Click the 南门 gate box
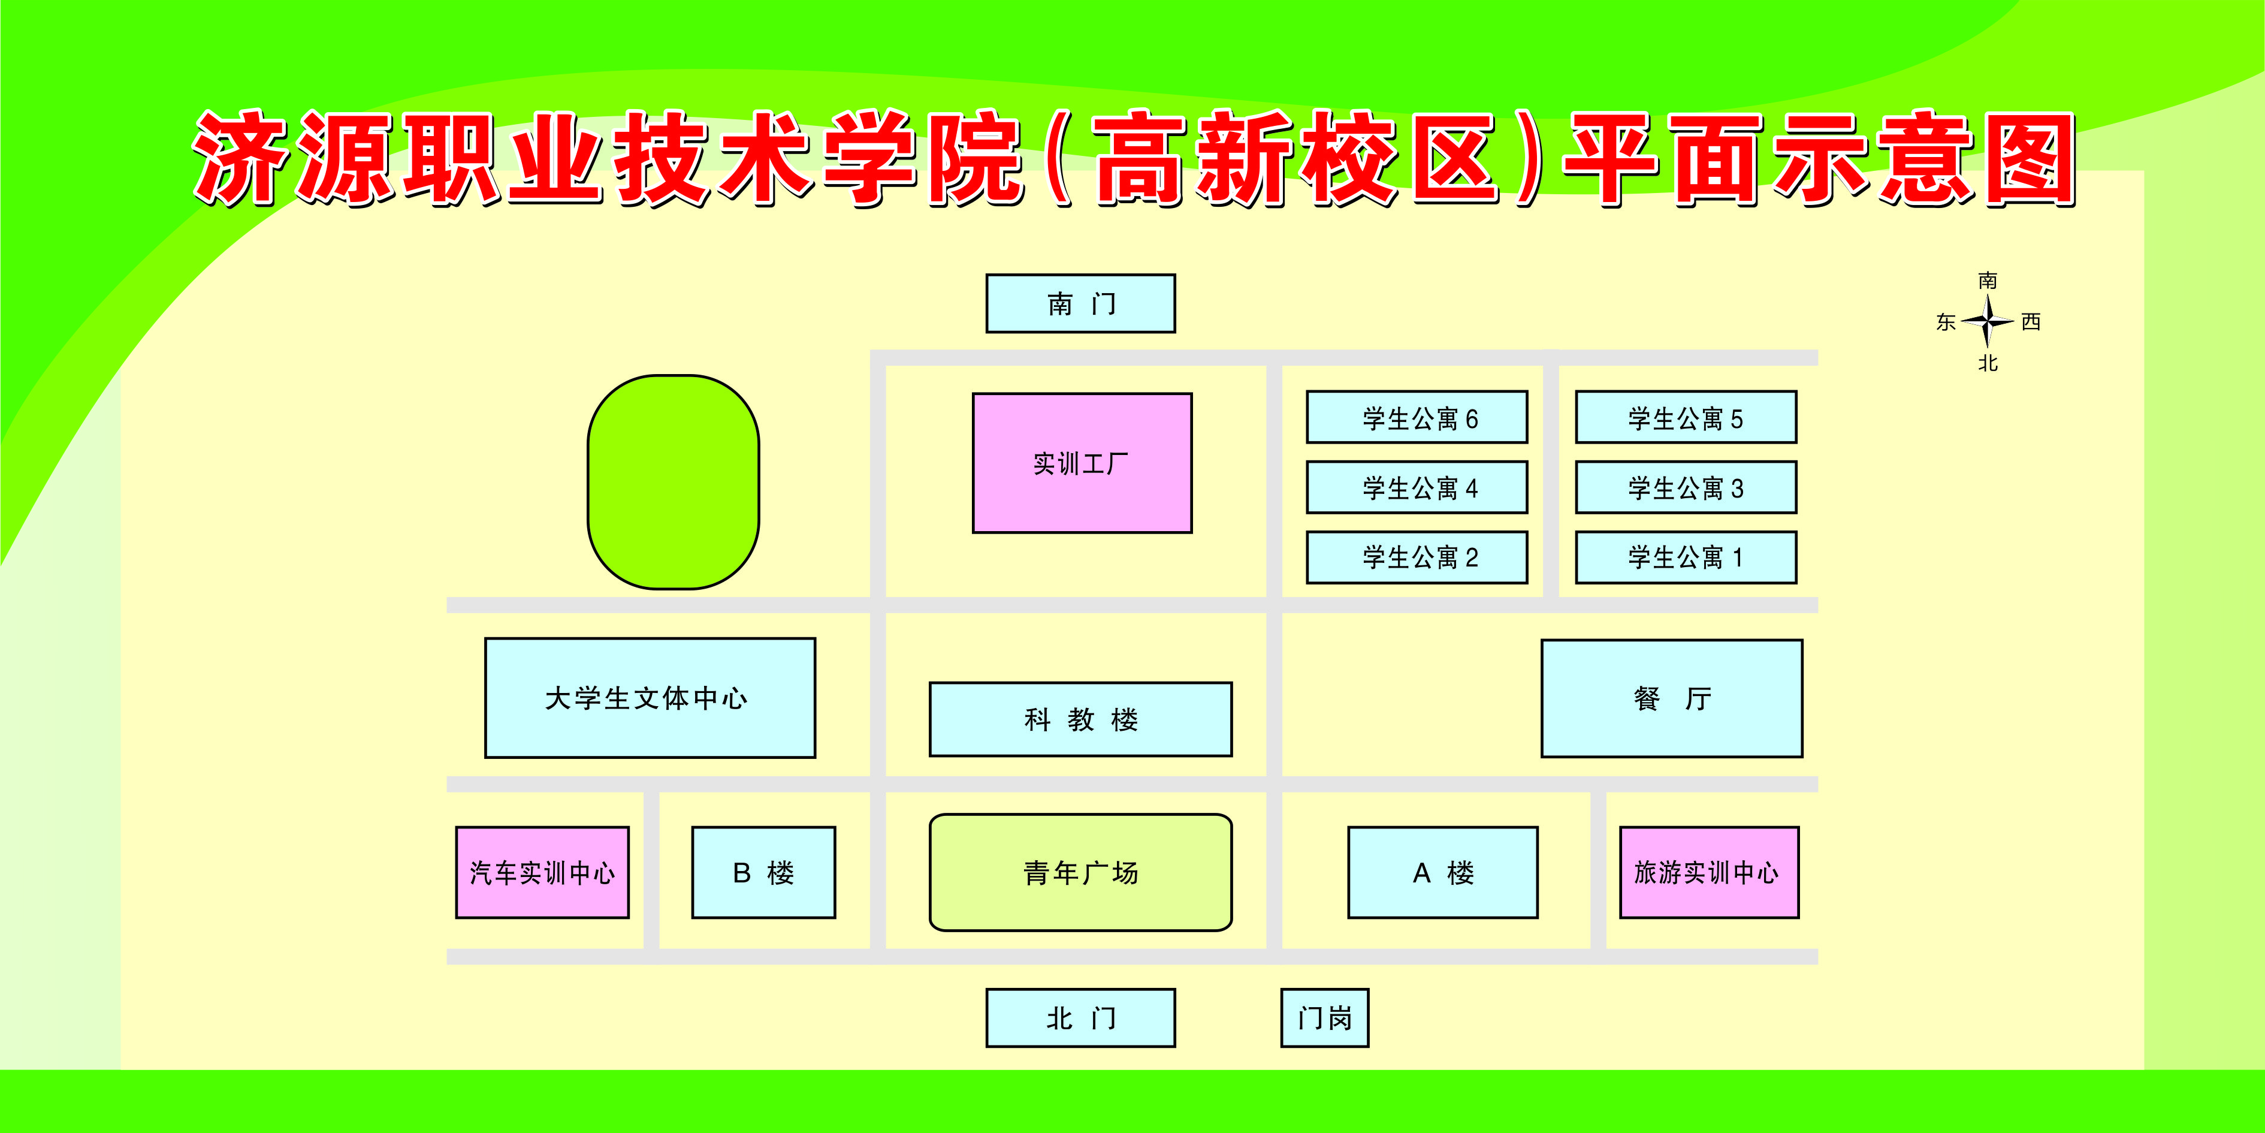pyautogui.click(x=1080, y=303)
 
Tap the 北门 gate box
pyautogui.click(x=1080, y=1018)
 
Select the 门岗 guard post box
pyautogui.click(x=1324, y=1018)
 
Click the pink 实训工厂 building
pyautogui.click(x=1082, y=463)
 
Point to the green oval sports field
pyautogui.click(x=674, y=482)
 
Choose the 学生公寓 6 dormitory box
pyautogui.click(x=1417, y=417)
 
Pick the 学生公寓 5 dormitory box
pyautogui.click(x=1686, y=417)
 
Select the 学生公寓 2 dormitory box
pyautogui.click(x=1417, y=557)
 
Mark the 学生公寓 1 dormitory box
pyautogui.click(x=1686, y=557)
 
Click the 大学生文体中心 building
pyautogui.click(x=650, y=698)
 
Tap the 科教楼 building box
pyautogui.click(x=1080, y=719)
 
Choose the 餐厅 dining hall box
pyautogui.click(x=1672, y=698)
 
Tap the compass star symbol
pyautogui.click(x=1987, y=321)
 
